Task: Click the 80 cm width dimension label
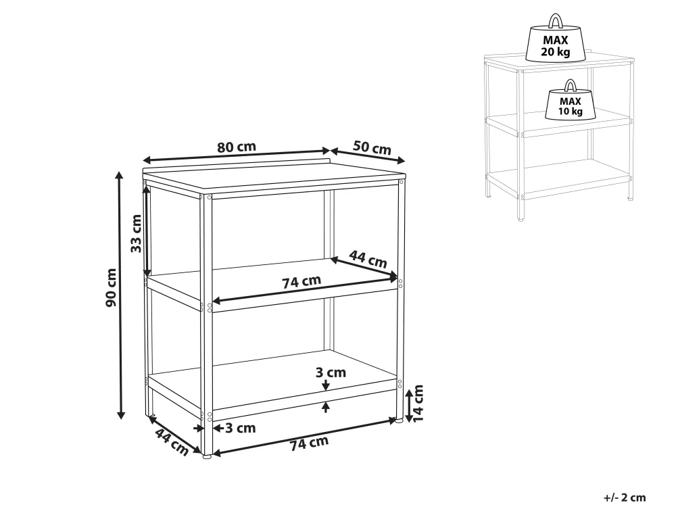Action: coord(236,147)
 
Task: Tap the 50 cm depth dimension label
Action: coord(372,147)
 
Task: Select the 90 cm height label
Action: coord(112,287)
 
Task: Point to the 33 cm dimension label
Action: coord(137,233)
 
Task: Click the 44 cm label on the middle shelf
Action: coord(368,258)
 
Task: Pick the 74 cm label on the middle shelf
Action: coord(301,282)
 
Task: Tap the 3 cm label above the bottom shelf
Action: coord(331,372)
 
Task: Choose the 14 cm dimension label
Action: coord(418,404)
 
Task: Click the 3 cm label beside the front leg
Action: coord(241,428)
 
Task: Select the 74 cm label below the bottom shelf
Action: coord(309,443)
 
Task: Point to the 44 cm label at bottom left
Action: coord(171,442)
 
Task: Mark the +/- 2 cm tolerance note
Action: coord(625,498)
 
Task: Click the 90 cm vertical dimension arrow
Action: coord(121,295)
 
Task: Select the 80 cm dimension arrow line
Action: coord(236,155)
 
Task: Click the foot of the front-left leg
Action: coord(207,455)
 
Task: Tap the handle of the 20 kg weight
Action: coord(555,21)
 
